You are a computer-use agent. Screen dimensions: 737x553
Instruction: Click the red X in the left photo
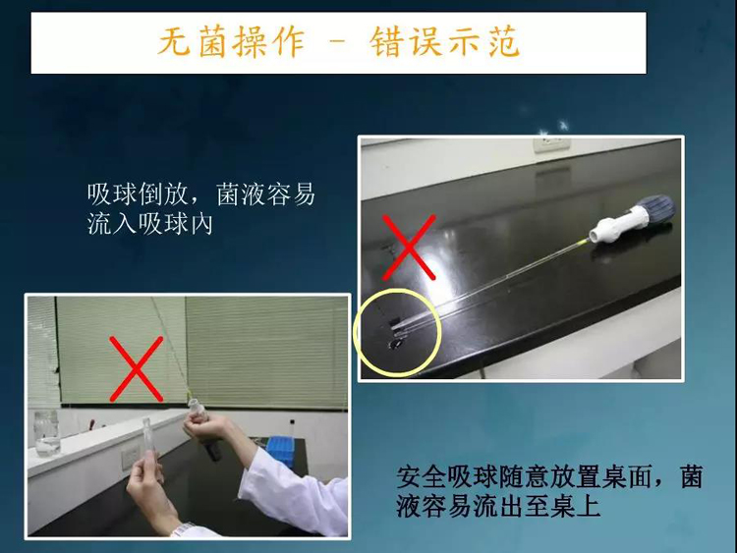click(137, 368)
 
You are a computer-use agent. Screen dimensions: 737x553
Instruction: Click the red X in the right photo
click(409, 248)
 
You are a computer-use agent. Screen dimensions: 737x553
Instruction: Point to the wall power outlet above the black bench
click(551, 141)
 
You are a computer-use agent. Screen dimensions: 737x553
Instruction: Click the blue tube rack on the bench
click(280, 450)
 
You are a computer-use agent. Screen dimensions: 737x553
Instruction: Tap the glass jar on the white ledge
click(46, 432)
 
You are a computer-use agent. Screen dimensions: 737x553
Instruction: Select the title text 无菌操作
click(231, 42)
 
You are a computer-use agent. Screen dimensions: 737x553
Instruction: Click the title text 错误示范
click(444, 42)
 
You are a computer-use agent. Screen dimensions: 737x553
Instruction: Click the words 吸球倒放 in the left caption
click(138, 194)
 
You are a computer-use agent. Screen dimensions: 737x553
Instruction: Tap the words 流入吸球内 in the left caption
click(150, 223)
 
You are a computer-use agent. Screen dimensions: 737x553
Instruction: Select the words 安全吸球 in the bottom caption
click(446, 477)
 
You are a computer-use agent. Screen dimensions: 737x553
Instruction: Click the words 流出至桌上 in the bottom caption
click(537, 507)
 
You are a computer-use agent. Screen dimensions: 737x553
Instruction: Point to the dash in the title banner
click(337, 42)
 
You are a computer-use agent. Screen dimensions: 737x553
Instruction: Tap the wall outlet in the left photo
click(130, 456)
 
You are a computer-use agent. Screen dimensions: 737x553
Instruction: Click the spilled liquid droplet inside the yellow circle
click(396, 345)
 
